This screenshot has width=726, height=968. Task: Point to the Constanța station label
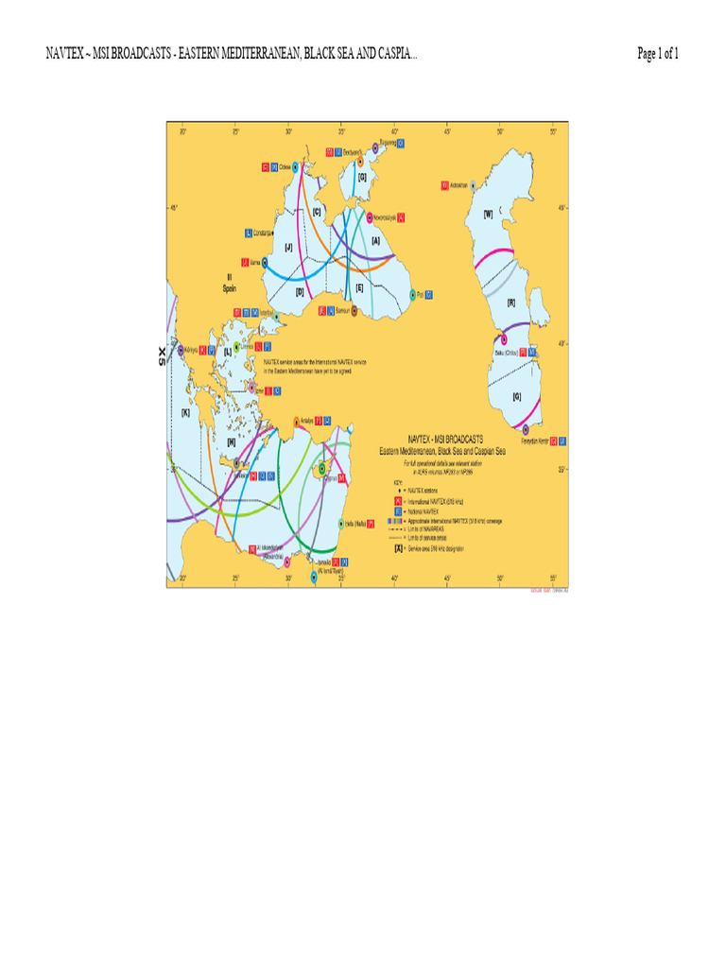263,233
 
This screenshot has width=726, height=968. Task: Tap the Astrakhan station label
459,184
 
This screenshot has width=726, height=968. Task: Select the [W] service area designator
488,214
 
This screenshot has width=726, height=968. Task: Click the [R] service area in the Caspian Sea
510,303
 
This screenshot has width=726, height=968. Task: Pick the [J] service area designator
288,248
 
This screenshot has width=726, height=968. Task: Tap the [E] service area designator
359,287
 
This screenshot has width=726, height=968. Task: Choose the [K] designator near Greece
186,412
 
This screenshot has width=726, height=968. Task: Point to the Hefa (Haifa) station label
354,522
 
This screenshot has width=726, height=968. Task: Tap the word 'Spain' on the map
230,288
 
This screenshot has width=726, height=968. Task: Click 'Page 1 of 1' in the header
658,55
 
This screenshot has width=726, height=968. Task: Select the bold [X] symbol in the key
399,547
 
